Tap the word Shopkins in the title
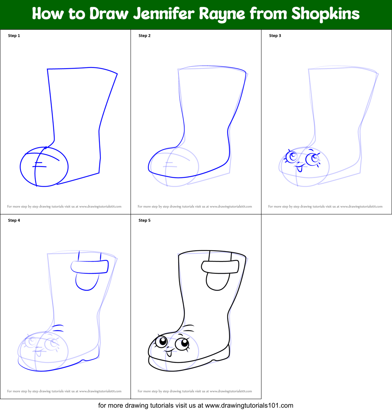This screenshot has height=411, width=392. click(x=325, y=14)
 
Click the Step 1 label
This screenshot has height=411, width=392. click(x=14, y=36)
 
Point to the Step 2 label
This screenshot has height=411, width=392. click(x=145, y=36)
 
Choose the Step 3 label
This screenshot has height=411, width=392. click(x=275, y=36)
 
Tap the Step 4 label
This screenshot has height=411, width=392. click(x=14, y=220)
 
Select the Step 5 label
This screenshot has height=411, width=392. click(x=145, y=220)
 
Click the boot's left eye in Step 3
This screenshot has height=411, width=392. click(x=292, y=157)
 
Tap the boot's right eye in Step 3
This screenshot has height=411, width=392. click(x=312, y=159)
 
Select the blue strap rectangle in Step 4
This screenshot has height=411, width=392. click(x=89, y=267)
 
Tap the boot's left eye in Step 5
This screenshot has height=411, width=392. click(x=161, y=342)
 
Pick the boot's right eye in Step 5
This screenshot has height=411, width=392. click(x=182, y=344)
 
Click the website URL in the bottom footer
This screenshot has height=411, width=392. click(x=249, y=405)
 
